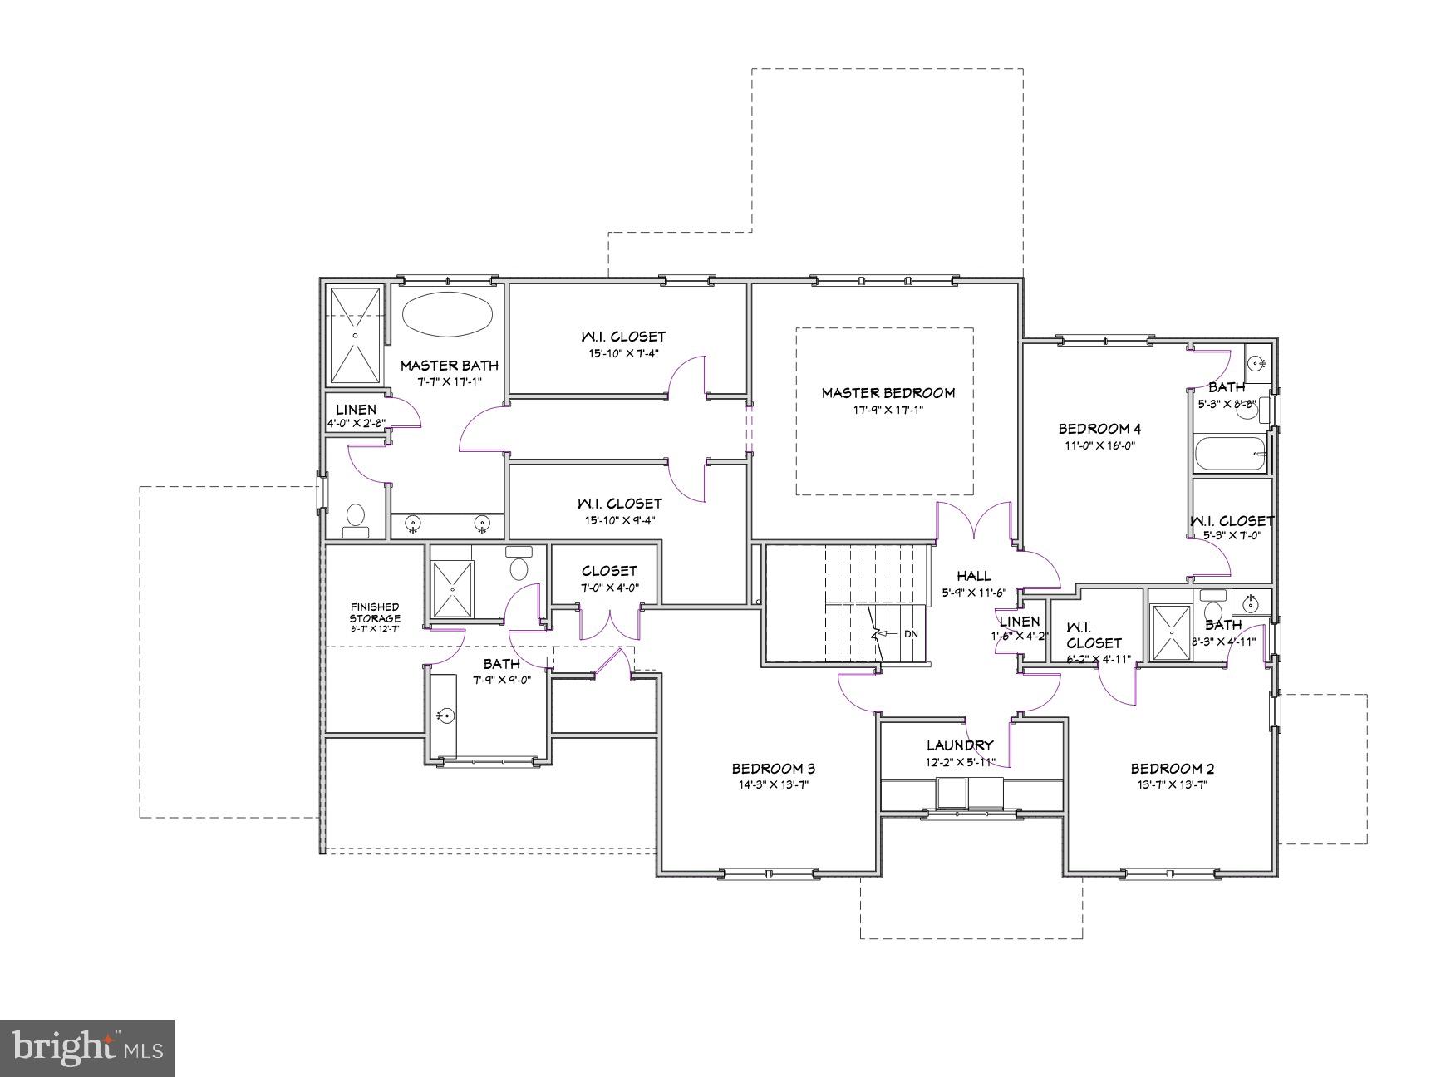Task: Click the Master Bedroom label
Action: (888, 393)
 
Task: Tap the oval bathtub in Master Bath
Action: (448, 314)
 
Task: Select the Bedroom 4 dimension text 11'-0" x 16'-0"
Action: (1099, 445)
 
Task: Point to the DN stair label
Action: (911, 634)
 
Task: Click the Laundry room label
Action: (960, 745)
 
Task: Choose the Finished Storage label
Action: (374, 612)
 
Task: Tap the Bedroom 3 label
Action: (767, 769)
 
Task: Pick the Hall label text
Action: (973, 575)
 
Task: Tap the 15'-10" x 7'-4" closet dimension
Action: (623, 353)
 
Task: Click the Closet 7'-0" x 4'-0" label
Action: (609, 571)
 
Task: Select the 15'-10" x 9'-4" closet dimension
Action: (620, 521)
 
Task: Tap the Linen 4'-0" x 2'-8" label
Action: (356, 410)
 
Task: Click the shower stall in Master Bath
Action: (356, 335)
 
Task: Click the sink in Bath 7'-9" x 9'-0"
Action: (445, 715)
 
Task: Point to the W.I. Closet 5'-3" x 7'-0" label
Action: (1232, 521)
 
